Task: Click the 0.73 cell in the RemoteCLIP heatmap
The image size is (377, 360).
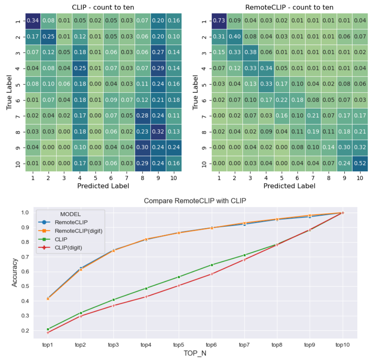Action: coord(219,21)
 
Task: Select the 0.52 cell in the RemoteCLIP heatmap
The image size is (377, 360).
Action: coord(360,164)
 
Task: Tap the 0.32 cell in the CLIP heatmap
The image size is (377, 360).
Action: coord(158,132)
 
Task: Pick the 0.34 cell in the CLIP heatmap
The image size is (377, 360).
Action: coord(33,21)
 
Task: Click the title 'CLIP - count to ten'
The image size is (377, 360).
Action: coord(103,8)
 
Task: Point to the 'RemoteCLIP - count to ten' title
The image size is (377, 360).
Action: coord(289,8)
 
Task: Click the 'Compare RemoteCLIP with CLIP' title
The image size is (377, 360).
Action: coord(195,201)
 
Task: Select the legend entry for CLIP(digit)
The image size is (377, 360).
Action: coord(68,247)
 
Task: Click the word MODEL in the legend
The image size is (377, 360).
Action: coord(71,214)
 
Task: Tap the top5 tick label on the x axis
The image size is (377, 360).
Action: coord(179,345)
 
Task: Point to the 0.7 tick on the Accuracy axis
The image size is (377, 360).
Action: coord(25,257)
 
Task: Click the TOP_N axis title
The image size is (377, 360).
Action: coord(195,353)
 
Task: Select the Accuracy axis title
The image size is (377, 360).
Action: coord(15,272)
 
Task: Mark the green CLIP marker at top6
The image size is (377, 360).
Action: coord(212,265)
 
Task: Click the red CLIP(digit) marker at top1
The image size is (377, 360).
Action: coord(48,333)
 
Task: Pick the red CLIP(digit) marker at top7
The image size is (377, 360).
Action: coord(245,260)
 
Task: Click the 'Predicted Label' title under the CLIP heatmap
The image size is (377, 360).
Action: coord(103,186)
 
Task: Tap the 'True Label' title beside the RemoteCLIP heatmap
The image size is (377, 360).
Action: coord(195,92)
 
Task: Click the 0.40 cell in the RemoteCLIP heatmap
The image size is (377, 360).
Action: coord(235,37)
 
